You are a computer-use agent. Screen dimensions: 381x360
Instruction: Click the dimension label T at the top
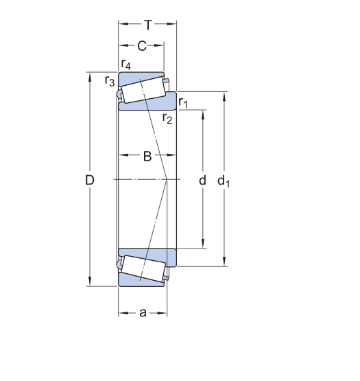coord(147,24)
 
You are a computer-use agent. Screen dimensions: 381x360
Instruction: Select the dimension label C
coord(142,46)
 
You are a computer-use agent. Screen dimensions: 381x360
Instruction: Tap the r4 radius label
coord(126,65)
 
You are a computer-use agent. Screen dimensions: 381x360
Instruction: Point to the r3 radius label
coord(110,81)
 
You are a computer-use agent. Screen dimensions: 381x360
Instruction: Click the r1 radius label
coord(183,103)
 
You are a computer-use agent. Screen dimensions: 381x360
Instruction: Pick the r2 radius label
coord(167,118)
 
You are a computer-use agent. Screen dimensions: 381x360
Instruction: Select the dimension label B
coord(147,156)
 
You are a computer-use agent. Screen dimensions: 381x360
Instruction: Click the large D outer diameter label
coord(89,180)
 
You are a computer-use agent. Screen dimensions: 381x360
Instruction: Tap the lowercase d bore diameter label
coord(202,180)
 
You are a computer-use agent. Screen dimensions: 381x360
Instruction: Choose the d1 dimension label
coord(223,181)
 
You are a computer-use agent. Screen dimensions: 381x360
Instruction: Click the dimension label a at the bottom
coord(143,313)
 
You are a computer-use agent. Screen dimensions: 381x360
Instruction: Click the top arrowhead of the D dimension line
coord(89,76)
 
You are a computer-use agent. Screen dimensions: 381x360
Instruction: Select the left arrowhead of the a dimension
coord(122,313)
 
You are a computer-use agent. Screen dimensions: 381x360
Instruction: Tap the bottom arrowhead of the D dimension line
coord(89,284)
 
